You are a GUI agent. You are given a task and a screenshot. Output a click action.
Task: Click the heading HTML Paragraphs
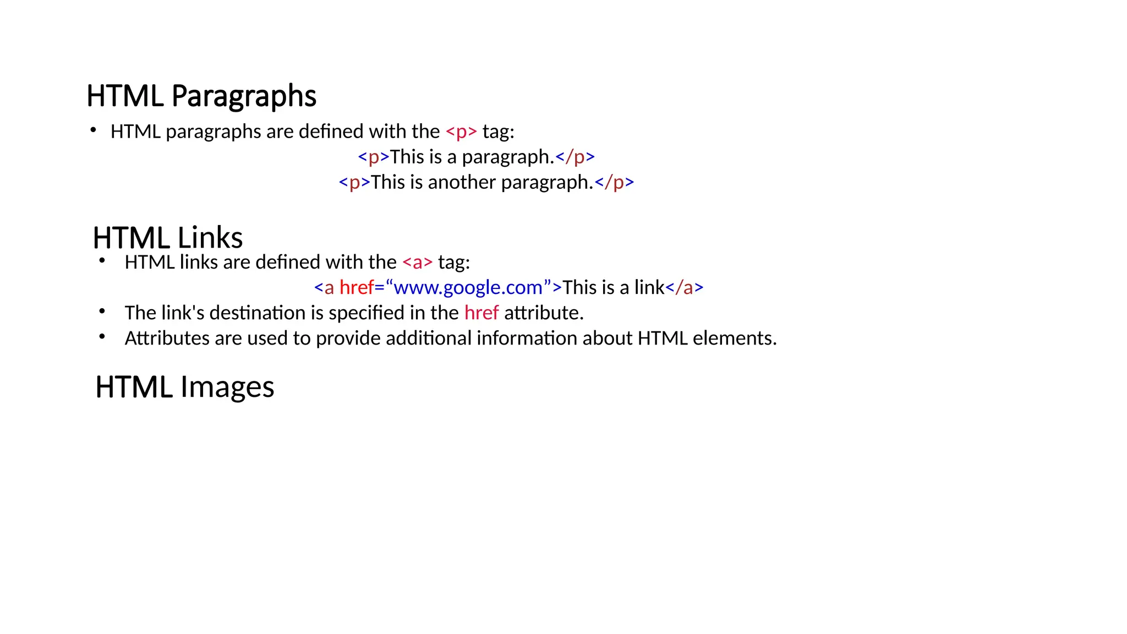coord(201,96)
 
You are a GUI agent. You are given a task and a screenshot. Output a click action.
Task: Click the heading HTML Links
coord(168,238)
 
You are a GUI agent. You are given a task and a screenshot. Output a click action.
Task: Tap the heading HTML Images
coord(184,387)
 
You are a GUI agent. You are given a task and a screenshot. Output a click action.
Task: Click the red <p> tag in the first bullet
coord(461,132)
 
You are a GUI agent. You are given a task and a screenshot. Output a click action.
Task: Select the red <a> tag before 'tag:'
coord(418,263)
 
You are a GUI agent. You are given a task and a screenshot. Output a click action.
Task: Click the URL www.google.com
coord(468,288)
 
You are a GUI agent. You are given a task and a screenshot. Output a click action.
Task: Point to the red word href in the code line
coord(357,288)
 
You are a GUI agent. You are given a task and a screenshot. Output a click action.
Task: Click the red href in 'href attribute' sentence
coord(482,313)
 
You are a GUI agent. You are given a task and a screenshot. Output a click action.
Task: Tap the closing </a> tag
coord(684,288)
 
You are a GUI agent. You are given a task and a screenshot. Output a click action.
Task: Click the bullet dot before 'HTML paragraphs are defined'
coord(94,130)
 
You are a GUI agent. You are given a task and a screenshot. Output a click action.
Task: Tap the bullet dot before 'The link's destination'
coord(102,311)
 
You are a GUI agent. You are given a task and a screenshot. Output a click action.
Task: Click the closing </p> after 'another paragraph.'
coord(615,182)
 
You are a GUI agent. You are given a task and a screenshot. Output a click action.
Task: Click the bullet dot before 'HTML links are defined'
coord(102,260)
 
